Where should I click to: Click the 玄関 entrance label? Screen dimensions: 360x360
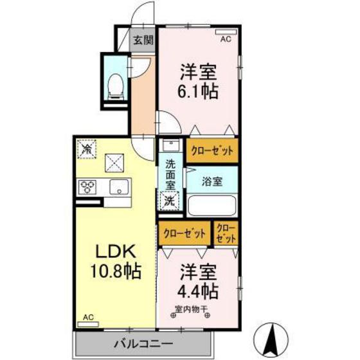[143, 40]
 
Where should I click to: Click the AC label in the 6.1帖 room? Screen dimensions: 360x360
[226, 39]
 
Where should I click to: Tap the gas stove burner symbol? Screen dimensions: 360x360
[88, 188]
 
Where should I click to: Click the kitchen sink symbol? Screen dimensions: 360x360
[118, 188]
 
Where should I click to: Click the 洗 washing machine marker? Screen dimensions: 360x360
[168, 199]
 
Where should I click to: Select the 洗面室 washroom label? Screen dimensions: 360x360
[170, 174]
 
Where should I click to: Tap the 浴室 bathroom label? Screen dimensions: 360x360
[213, 182]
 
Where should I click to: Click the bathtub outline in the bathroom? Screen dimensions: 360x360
[213, 206]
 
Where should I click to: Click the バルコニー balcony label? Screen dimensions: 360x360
[125, 345]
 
